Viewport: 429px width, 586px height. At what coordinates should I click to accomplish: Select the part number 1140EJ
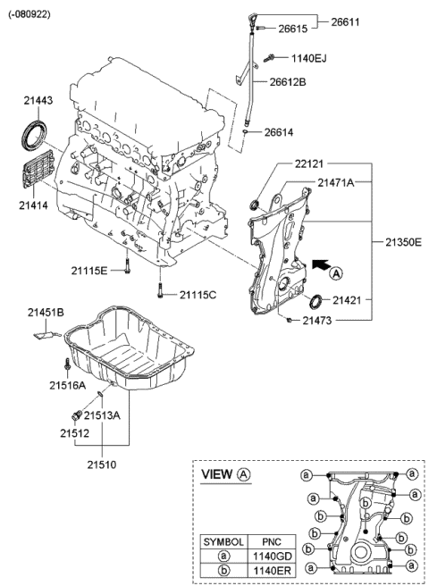(x=308, y=59)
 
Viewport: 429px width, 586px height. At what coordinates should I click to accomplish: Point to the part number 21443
(x=37, y=102)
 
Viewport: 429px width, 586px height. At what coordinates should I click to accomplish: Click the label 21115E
(x=89, y=270)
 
